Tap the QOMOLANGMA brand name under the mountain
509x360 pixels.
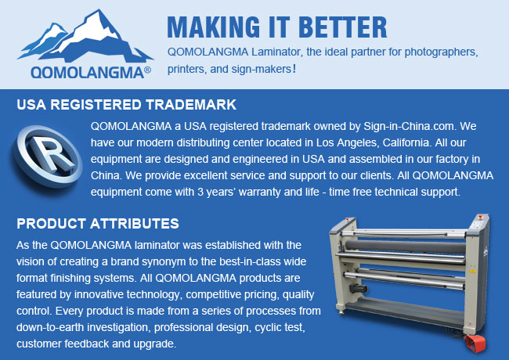[x=88, y=72]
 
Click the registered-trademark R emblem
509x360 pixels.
[x=48, y=157]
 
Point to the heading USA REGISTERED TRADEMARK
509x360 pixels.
[x=127, y=105]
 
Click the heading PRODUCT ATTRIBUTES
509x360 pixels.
[x=98, y=224]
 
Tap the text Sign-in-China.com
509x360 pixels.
[x=409, y=126]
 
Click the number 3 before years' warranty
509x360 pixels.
[x=200, y=192]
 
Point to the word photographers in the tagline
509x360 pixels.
[x=441, y=52]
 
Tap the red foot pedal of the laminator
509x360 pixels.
[x=475, y=343]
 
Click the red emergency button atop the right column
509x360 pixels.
[x=480, y=217]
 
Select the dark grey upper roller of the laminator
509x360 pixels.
[x=405, y=247]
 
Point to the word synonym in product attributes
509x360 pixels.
[x=165, y=261]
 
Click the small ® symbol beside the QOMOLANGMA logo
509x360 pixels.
[x=147, y=70]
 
